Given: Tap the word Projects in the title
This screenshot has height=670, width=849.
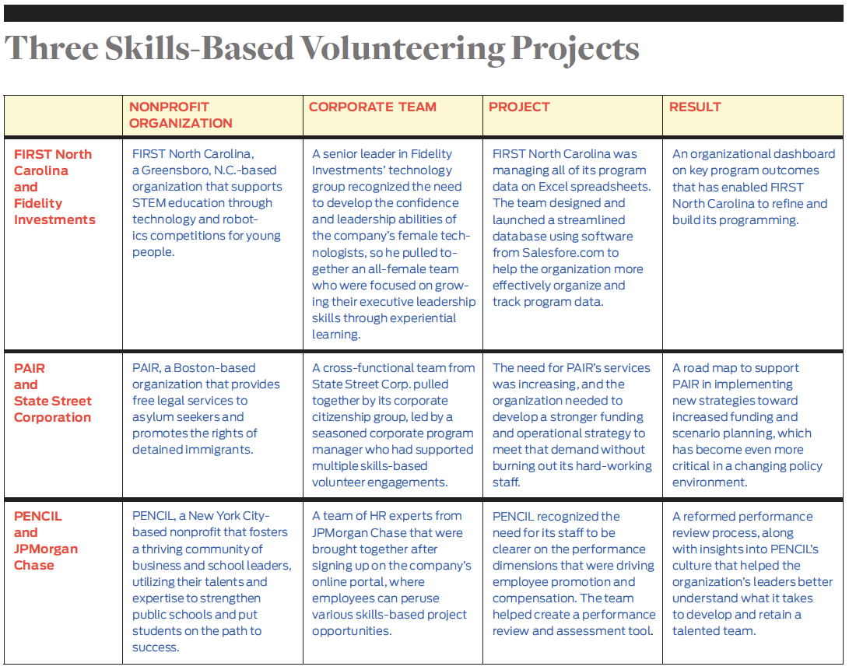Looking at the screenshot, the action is (x=575, y=50).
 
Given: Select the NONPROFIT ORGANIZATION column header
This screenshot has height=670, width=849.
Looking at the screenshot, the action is (x=181, y=115).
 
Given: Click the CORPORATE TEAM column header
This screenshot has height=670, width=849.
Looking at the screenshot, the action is (x=373, y=107).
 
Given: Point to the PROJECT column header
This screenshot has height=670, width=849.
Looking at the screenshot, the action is (x=519, y=107).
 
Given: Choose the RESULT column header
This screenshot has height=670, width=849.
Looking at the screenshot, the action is (x=695, y=107).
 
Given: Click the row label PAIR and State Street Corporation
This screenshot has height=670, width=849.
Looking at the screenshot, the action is (x=53, y=393).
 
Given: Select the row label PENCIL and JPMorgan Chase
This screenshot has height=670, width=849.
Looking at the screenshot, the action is (x=46, y=541).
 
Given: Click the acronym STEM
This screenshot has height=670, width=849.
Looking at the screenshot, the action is (x=149, y=202).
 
